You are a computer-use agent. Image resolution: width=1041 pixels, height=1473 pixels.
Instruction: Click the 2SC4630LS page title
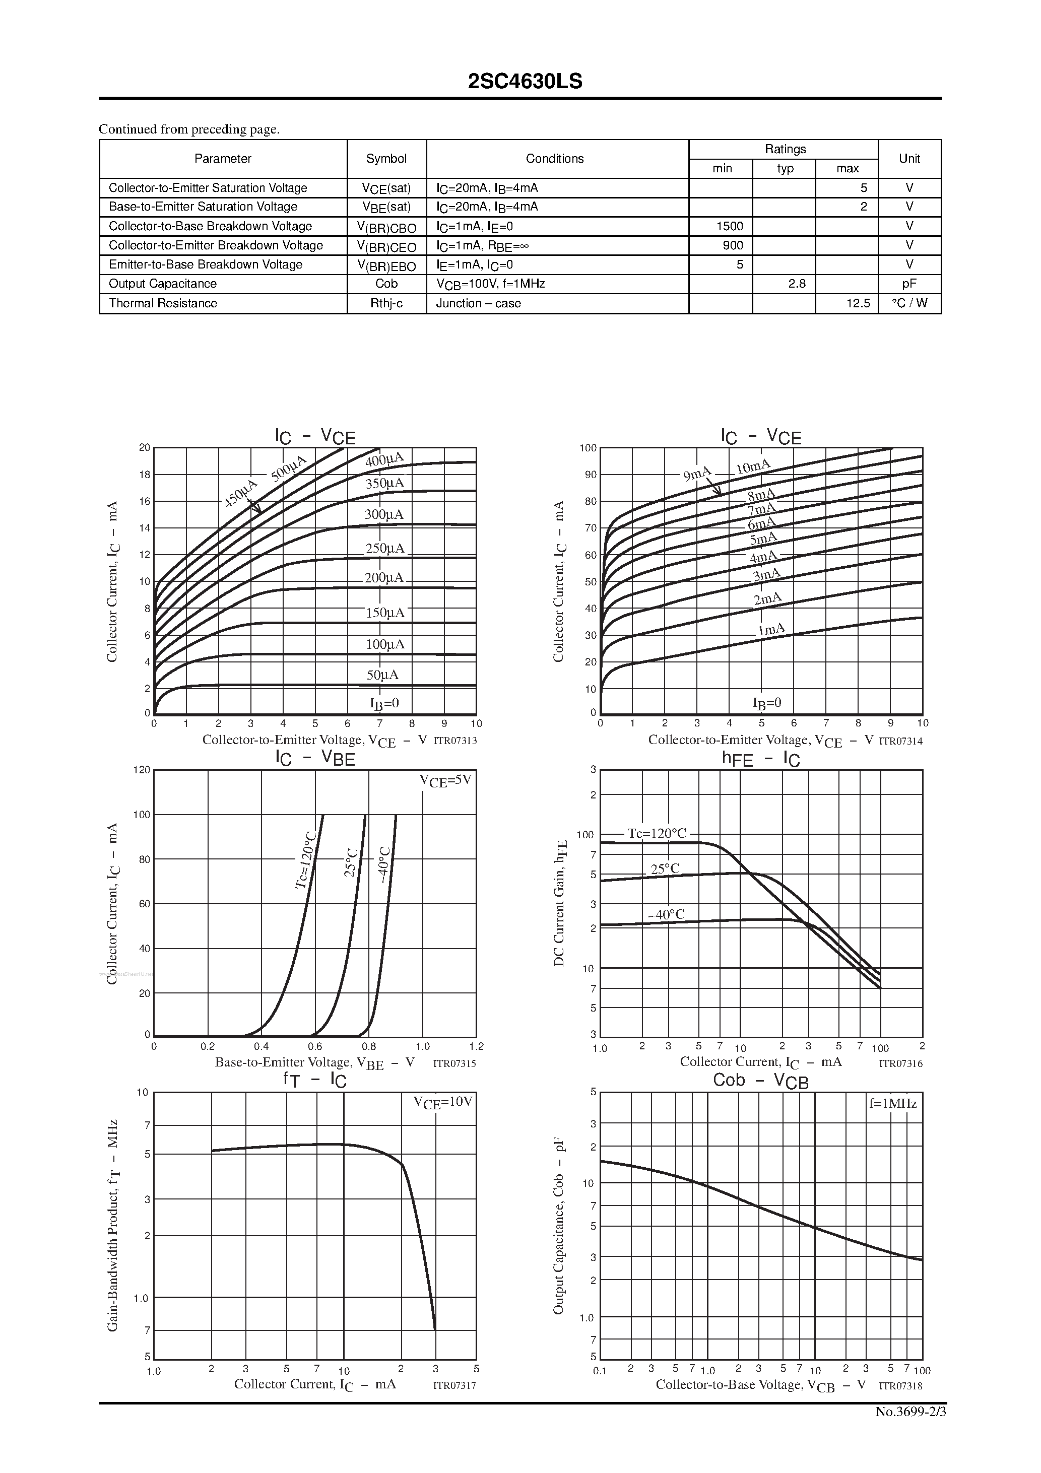click(525, 82)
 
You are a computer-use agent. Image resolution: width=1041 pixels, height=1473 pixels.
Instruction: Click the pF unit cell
click(909, 284)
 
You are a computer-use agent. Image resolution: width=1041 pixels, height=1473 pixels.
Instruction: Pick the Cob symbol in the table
click(386, 284)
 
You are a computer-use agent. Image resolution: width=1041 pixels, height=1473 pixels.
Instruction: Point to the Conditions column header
click(555, 159)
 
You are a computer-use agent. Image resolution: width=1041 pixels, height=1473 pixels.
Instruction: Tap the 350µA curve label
click(384, 484)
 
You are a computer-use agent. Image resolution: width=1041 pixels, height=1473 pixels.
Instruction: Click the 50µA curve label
click(382, 675)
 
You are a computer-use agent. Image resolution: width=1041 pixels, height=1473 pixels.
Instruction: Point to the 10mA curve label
click(752, 466)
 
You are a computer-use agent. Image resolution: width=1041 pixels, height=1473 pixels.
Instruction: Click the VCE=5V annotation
click(445, 781)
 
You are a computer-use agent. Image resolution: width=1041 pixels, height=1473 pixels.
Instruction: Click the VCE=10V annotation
click(443, 1102)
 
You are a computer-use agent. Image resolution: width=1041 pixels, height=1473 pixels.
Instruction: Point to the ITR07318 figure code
click(900, 1386)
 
